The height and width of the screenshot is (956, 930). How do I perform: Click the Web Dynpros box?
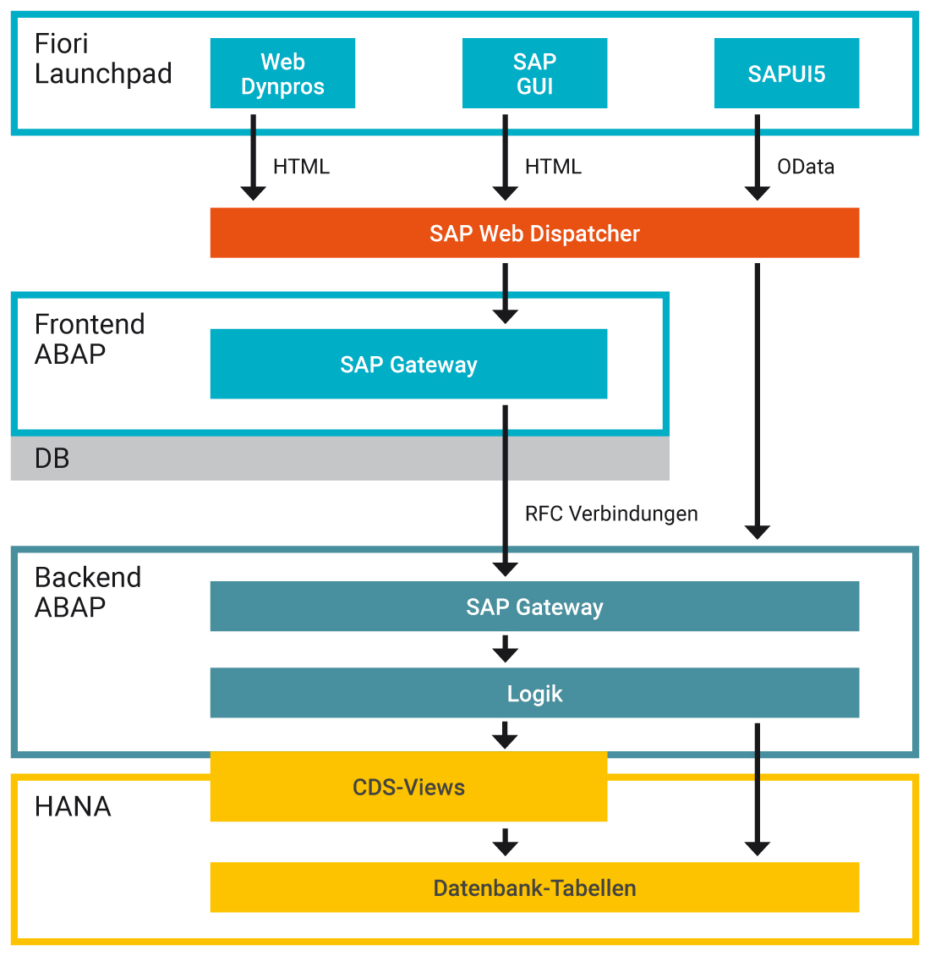click(282, 74)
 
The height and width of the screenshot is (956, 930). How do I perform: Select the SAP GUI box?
click(534, 74)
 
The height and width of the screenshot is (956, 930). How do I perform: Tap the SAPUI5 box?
click(786, 74)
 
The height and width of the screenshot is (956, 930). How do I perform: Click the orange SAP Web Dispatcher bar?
click(534, 233)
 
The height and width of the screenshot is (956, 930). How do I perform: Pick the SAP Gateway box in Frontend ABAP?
click(408, 364)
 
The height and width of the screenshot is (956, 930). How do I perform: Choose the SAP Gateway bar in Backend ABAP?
click(534, 607)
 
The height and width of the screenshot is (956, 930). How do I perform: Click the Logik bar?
click(534, 693)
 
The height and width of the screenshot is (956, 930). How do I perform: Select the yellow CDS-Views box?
click(408, 787)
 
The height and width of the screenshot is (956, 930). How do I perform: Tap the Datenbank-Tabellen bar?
click(534, 887)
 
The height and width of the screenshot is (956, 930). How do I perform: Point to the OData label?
click(806, 167)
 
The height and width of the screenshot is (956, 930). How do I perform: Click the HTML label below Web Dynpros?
click(301, 167)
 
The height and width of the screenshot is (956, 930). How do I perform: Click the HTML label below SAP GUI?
click(553, 167)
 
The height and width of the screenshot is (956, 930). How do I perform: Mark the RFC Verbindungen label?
click(611, 514)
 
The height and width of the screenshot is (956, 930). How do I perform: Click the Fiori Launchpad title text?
click(102, 58)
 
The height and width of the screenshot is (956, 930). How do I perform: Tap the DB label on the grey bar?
click(52, 459)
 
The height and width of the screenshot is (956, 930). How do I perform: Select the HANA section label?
click(73, 806)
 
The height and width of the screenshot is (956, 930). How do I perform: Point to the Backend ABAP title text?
click(87, 591)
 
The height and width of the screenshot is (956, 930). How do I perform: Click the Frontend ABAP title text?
click(89, 338)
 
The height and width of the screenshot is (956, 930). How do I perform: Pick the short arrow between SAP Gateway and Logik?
click(505, 650)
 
